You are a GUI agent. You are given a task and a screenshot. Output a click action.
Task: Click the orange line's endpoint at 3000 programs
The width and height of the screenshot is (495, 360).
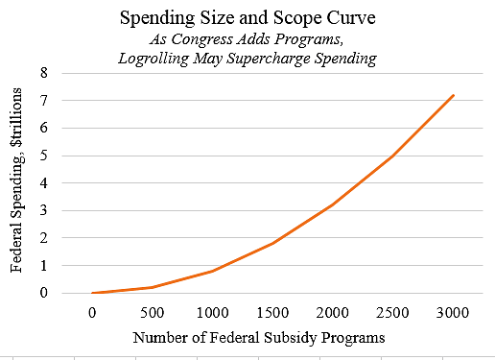[x=453, y=95]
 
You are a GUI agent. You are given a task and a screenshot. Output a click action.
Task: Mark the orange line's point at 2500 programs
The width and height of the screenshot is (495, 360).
[x=393, y=156]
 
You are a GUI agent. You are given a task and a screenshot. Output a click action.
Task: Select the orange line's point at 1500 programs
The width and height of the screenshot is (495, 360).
[x=272, y=243]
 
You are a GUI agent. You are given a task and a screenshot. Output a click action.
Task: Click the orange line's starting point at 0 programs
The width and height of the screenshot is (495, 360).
[x=92, y=293]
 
